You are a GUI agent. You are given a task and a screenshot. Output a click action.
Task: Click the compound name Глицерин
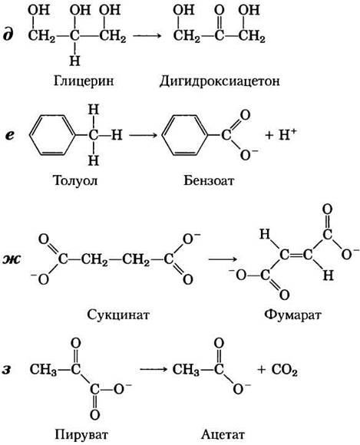pos(84,81)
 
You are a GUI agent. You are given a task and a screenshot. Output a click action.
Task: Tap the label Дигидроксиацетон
pos(220,81)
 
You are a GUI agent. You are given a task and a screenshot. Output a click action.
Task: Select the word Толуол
pos(75,180)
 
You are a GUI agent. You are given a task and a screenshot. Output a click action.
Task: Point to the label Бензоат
pos(209,180)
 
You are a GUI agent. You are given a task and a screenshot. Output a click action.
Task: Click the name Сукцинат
pos(118,315)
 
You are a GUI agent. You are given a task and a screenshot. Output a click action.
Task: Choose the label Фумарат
pos(292,315)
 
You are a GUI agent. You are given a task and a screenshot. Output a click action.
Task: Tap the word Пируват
pos(82,434)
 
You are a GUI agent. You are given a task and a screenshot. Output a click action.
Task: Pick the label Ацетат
pos(223,434)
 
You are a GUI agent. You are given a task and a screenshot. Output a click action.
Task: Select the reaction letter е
pos(10,135)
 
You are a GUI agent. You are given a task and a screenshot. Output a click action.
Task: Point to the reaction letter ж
pos(12,259)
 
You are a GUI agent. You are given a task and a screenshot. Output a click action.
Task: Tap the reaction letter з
pos(8,370)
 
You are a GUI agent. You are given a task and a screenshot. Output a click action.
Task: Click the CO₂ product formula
pos(285,370)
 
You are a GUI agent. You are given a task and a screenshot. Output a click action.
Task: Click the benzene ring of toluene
pos(52,135)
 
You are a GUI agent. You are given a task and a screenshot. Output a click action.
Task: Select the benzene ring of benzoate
pos(185,135)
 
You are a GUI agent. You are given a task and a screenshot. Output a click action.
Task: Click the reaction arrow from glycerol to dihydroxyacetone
pos(147,36)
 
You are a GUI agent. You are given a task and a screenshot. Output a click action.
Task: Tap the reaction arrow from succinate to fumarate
pos(223,259)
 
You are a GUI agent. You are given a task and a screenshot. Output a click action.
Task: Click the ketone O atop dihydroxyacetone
pos(220,11)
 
